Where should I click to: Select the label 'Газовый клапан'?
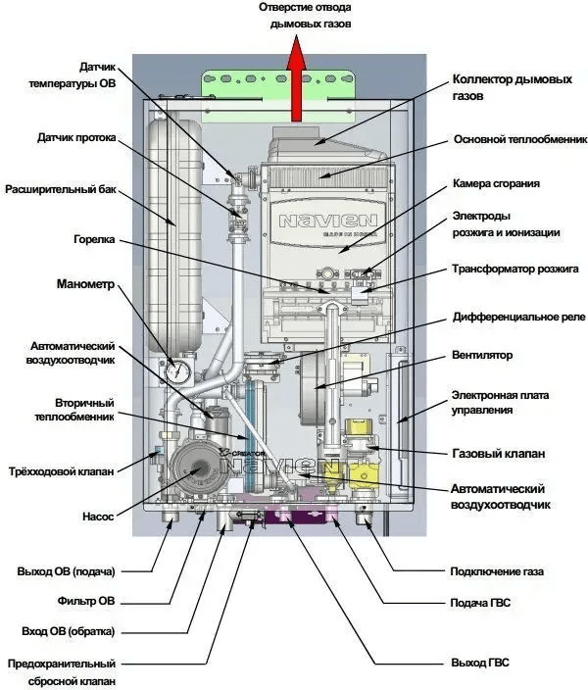coord(497,454)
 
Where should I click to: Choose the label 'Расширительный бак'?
coord(62,189)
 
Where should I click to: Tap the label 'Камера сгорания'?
coord(496,183)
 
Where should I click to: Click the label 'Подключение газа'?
coord(496,571)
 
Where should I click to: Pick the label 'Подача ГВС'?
coord(480,602)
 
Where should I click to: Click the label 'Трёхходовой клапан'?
coord(61,471)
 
